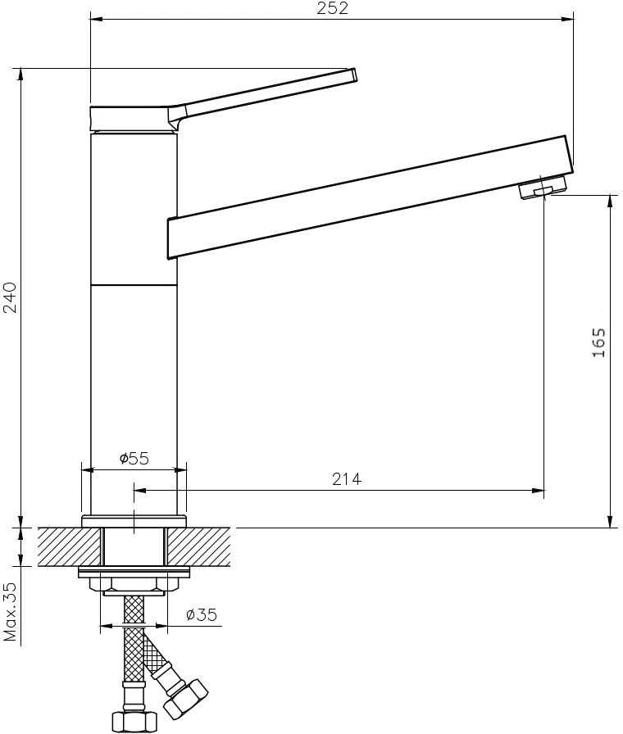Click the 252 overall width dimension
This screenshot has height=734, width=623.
pyautogui.click(x=332, y=8)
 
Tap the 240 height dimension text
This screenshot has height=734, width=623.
pyautogui.click(x=10, y=297)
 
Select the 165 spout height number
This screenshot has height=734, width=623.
pyautogui.click(x=598, y=342)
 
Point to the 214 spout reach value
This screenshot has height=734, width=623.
pyautogui.click(x=347, y=479)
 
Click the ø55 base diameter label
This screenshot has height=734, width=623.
pyautogui.click(x=134, y=458)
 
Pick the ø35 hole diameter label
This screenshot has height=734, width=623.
pyautogui.click(x=202, y=614)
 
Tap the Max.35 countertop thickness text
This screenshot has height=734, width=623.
pyautogui.click(x=10, y=612)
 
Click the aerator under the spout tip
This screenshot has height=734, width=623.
pyautogui.click(x=543, y=188)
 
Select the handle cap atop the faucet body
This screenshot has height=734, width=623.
pyautogui.click(x=134, y=119)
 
